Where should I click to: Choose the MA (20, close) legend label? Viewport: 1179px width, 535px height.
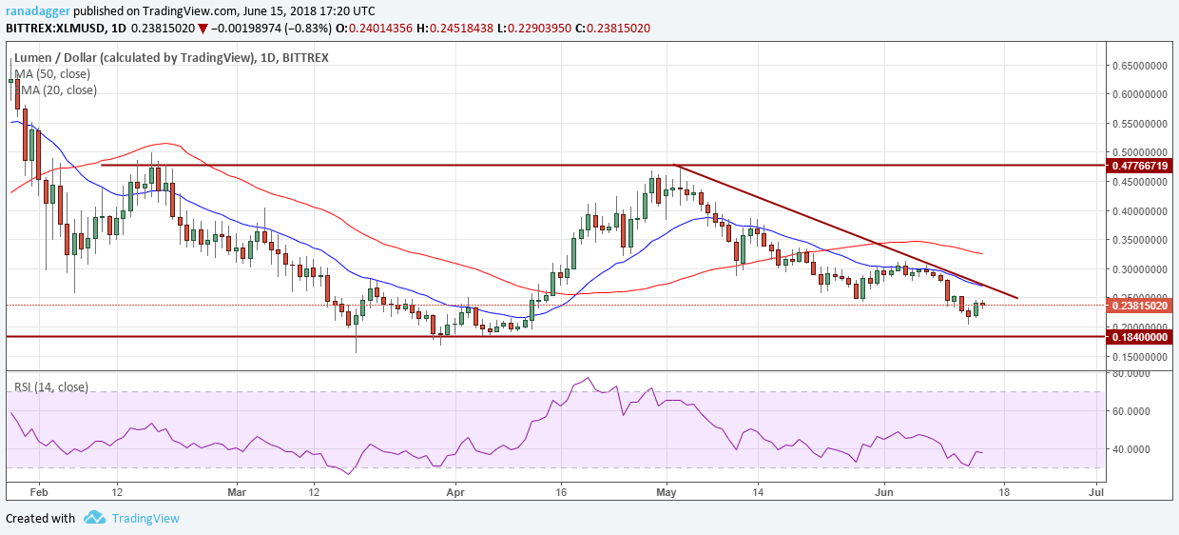58,90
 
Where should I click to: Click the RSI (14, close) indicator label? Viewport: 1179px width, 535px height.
53,386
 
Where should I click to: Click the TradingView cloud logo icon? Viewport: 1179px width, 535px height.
94,518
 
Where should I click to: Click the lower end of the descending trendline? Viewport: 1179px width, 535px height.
1017,298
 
